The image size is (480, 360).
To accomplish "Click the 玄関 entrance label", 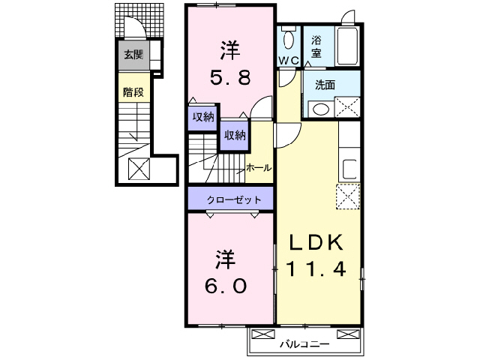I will pyautogui.click(x=133, y=54).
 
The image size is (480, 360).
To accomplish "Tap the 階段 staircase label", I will pyautogui.click(x=133, y=93).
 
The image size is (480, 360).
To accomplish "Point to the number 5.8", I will pyautogui.click(x=229, y=76).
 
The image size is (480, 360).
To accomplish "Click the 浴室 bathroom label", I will pyautogui.click(x=316, y=47).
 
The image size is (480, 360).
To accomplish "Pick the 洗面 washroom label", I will pyautogui.click(x=325, y=85).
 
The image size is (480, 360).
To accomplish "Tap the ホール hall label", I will pyautogui.click(x=259, y=168).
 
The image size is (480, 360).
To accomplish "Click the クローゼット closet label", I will pyautogui.click(x=235, y=200).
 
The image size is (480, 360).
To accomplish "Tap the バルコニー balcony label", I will pyautogui.click(x=305, y=344).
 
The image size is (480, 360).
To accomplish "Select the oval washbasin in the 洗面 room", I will pyautogui.click(x=321, y=109).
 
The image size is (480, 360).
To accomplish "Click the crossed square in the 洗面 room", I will pyautogui.click(x=346, y=107).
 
